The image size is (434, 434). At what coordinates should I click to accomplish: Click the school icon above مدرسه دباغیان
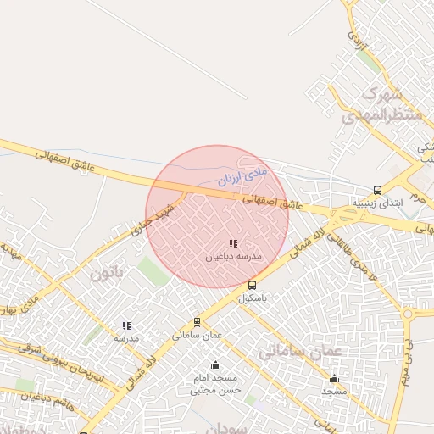233,244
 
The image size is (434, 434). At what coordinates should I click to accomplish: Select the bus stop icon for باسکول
252,286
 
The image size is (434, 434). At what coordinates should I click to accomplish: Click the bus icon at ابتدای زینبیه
377,191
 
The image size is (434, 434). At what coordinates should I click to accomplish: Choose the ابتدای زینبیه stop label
378,203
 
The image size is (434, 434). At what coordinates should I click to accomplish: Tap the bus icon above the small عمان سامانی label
198,322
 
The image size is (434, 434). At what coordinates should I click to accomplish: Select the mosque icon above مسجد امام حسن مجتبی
215,365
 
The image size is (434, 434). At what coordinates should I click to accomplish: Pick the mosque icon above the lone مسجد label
335,378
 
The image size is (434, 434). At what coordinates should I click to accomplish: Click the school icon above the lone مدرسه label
126,325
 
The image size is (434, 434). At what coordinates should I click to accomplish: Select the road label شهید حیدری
153,220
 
